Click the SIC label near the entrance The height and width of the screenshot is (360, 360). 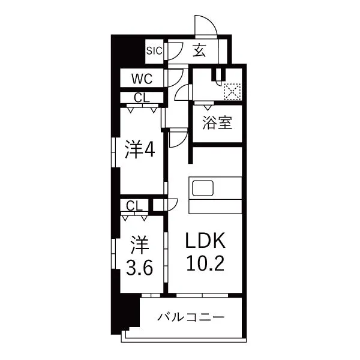(154, 51)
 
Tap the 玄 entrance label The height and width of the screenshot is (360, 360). (199, 50)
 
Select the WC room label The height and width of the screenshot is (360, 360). (142, 79)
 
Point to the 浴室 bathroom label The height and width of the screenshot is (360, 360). (217, 122)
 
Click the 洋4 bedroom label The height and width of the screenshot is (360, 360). (140, 149)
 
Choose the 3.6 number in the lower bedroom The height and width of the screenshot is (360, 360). (140, 268)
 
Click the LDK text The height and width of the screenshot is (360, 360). (205, 240)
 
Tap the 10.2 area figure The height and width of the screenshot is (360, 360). (205, 263)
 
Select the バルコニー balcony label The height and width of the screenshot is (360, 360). (191, 317)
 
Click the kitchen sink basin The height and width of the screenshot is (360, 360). (203, 188)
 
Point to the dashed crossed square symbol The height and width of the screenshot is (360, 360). (232, 92)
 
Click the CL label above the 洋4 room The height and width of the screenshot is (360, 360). (142, 98)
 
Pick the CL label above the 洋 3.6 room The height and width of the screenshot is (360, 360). (134, 206)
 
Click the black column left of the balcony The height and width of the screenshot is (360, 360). (125, 314)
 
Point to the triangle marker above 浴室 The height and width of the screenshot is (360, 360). (208, 107)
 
